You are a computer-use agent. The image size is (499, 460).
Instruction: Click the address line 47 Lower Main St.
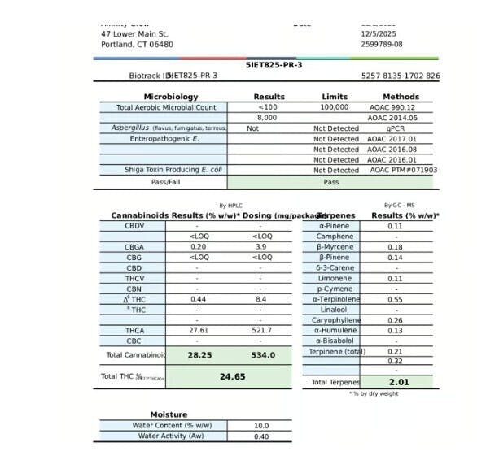coord(134,34)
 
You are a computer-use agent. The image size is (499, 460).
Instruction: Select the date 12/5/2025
coord(379,34)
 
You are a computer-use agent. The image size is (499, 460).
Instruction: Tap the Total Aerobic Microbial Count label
coord(166,107)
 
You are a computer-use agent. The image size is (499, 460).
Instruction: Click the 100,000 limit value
coord(335,107)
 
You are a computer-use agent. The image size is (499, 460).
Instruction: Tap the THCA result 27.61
coord(198,331)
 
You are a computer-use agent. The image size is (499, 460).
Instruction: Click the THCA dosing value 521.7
coord(260,331)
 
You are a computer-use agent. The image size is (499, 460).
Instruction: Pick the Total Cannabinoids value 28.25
coord(199,355)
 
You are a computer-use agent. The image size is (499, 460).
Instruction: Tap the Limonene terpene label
coord(333,278)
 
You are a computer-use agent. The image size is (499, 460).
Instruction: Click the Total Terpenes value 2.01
coord(398,381)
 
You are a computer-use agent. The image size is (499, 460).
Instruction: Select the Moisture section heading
coord(169,414)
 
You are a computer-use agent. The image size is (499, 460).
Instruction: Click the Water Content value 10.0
coord(260,426)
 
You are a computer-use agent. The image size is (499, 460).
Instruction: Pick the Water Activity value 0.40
coord(260,436)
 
